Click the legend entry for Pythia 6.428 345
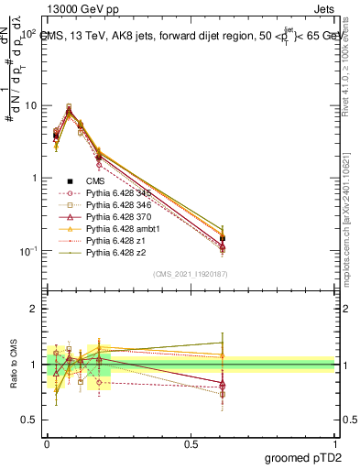[x=116, y=193]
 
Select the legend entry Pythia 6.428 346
[x=116, y=205]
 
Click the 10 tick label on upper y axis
[x=30, y=106]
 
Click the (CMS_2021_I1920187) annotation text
[x=189, y=274]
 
